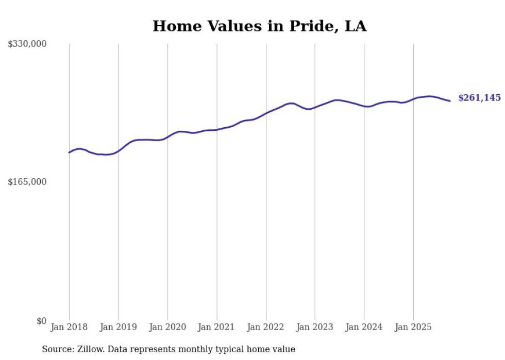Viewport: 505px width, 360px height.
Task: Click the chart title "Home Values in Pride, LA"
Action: pyautogui.click(x=259, y=26)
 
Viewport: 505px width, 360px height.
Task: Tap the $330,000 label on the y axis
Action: pyautogui.click(x=27, y=44)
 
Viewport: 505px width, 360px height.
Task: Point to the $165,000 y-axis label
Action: pyautogui.click(x=27, y=182)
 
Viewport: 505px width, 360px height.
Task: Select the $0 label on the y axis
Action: pyautogui.click(x=41, y=321)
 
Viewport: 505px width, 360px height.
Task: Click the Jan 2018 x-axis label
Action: pyautogui.click(x=69, y=327)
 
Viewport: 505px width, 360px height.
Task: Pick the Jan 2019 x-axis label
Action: pyautogui.click(x=119, y=327)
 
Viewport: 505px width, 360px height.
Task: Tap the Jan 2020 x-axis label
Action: pyautogui.click(x=167, y=327)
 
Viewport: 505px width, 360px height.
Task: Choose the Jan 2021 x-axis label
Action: pyautogui.click(x=216, y=327)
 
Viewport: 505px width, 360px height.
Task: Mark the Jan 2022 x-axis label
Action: pyautogui.click(x=266, y=327)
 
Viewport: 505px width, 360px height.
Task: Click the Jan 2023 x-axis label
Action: pyautogui.click(x=315, y=327)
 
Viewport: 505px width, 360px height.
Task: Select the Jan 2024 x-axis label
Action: pyautogui.click(x=364, y=327)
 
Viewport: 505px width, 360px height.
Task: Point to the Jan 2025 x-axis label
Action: pyautogui.click(x=413, y=327)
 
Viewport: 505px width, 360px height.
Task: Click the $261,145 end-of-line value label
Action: pyautogui.click(x=479, y=98)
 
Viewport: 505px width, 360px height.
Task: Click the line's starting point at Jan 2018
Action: pyautogui.click(x=69, y=152)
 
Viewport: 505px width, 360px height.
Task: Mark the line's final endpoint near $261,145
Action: pyautogui.click(x=450, y=101)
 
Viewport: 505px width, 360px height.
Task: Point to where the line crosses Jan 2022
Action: pyautogui.click(x=266, y=113)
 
